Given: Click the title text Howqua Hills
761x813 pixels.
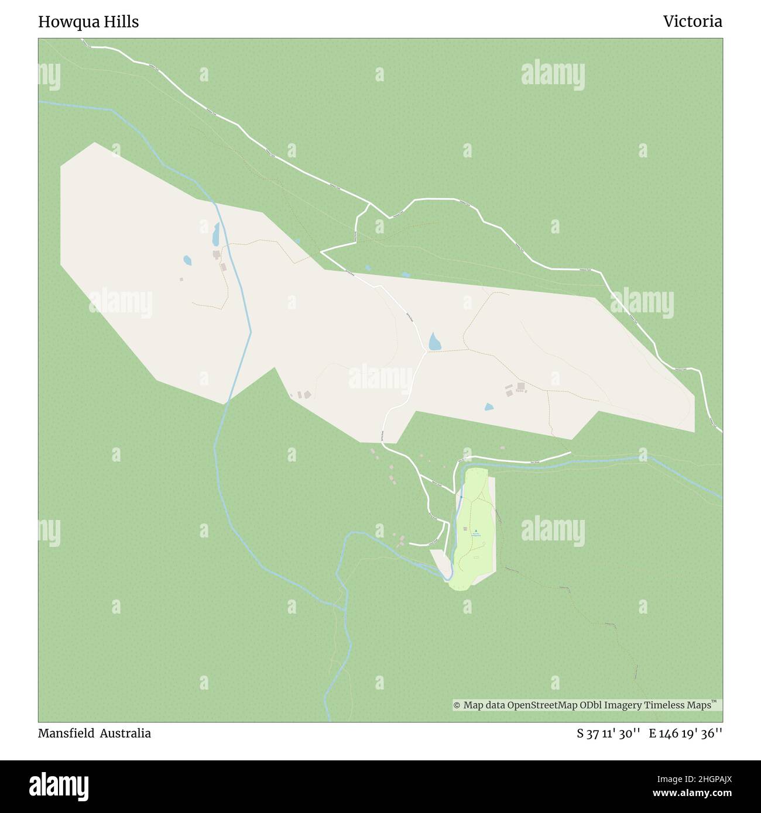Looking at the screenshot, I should [88, 22].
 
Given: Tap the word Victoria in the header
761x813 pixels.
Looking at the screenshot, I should [693, 22].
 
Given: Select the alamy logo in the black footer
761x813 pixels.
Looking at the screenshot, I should [59, 786].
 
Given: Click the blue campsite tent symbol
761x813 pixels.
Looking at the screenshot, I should [475, 530].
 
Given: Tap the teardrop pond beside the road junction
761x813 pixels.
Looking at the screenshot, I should [434, 342].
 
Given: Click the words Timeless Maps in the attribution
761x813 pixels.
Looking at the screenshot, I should [678, 705].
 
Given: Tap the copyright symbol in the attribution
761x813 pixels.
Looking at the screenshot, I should [457, 705].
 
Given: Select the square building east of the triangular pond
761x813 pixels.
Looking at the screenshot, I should [520, 386].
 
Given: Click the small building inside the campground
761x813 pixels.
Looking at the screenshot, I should [465, 529].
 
